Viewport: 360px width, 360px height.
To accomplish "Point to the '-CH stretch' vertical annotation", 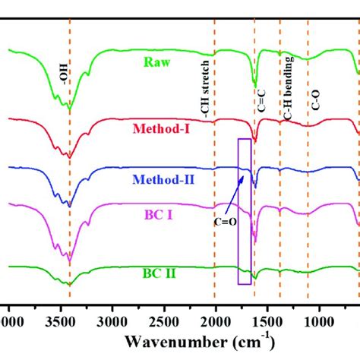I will point(206,90).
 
